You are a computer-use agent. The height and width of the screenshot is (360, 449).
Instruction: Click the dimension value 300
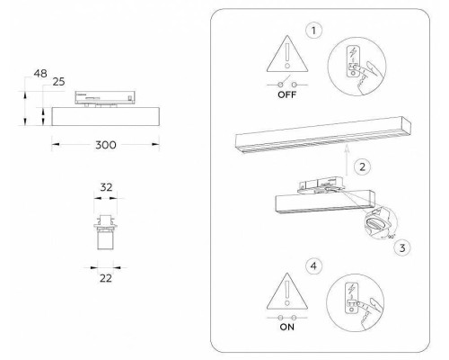[106, 144]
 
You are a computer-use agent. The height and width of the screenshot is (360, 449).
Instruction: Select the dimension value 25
[58, 83]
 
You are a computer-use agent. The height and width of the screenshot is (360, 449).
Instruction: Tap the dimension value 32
[105, 189]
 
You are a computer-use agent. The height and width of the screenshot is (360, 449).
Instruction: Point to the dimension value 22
[105, 279]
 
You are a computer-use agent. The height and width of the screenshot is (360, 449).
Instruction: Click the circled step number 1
[312, 31]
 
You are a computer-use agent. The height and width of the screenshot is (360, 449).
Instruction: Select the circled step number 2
[360, 166]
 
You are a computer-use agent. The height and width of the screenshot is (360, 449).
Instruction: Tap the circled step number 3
[403, 246]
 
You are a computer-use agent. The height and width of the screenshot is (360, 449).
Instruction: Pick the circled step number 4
[312, 265]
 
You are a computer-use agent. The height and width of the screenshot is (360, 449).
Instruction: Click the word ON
[287, 329]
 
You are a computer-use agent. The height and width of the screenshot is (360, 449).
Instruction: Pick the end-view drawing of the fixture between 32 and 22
[105, 232]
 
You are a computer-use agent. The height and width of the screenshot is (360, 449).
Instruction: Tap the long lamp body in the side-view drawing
[106, 116]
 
